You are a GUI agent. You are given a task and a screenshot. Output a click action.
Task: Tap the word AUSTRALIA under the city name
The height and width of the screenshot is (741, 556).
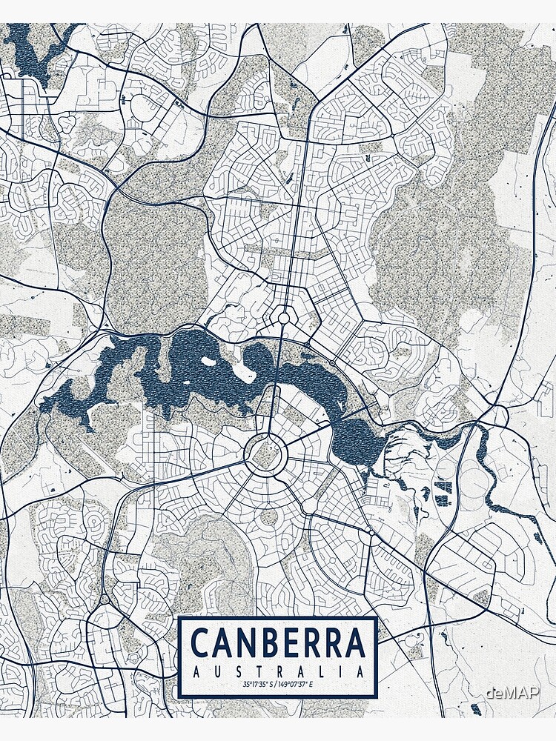pyautogui.click(x=278, y=672)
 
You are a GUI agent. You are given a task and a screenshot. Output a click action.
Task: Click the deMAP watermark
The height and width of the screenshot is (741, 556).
pyautogui.click(x=513, y=691)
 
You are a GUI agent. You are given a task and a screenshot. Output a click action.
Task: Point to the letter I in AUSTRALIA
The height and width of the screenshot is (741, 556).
pyautogui.click(x=340, y=672)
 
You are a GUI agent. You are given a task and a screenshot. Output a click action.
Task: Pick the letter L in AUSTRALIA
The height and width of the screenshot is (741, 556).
pyautogui.click(x=321, y=672)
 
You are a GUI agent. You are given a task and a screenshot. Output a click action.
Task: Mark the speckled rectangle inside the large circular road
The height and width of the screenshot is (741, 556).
pyautogui.click(x=262, y=454)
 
